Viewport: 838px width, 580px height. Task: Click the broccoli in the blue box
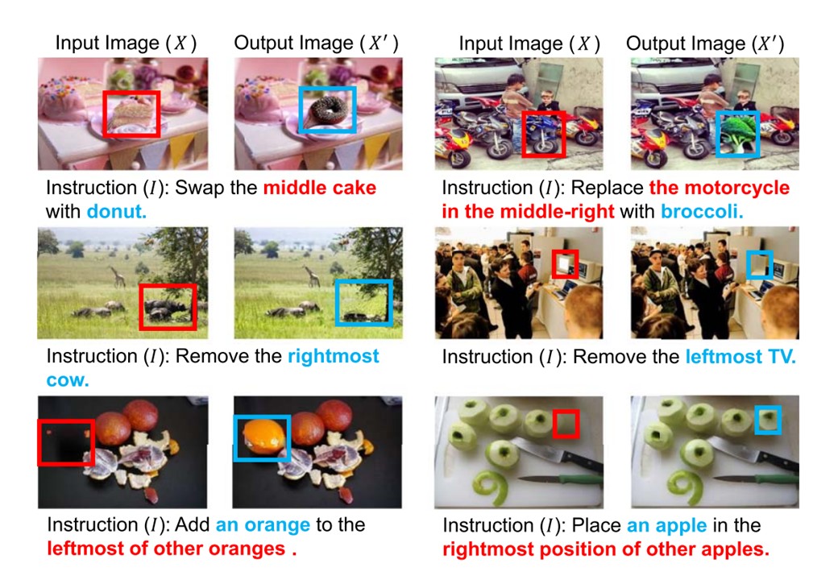(x=738, y=134)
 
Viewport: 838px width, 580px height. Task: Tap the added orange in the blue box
(x=262, y=437)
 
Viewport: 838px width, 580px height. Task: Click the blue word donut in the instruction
(x=117, y=212)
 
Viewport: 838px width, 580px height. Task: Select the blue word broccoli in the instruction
(x=702, y=212)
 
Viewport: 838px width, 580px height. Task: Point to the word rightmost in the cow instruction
(x=334, y=356)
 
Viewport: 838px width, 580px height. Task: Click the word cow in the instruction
(x=68, y=380)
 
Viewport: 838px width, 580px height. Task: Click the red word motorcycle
(x=737, y=188)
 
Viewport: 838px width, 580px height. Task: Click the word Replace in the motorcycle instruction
(x=607, y=188)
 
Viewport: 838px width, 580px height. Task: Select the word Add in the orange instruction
(x=193, y=525)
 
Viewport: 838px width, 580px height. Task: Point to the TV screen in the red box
(x=563, y=263)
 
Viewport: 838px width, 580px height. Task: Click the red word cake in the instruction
(x=355, y=188)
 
